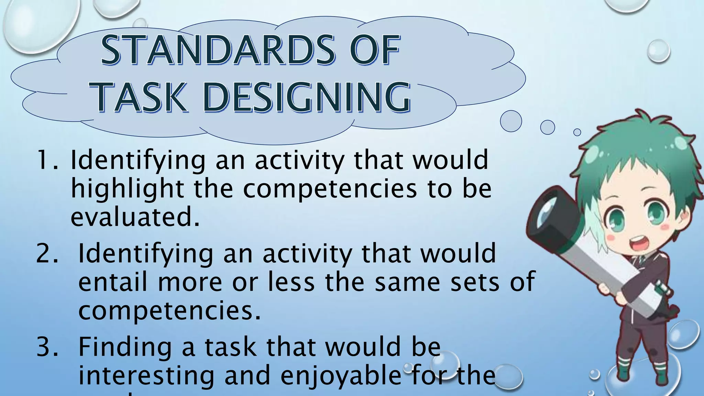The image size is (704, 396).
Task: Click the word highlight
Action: tap(128, 189)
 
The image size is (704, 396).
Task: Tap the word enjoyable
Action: tap(340, 376)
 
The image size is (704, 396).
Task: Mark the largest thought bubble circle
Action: tap(511, 121)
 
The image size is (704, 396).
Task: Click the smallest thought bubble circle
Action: tap(577, 132)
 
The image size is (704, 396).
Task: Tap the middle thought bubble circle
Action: tap(547, 127)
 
